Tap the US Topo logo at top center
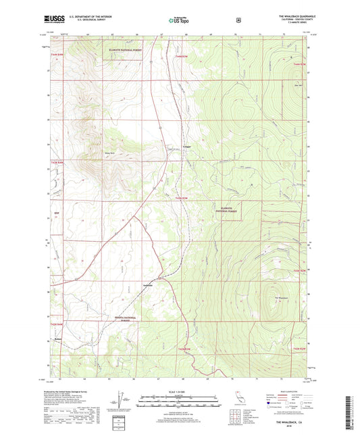click(179, 21)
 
